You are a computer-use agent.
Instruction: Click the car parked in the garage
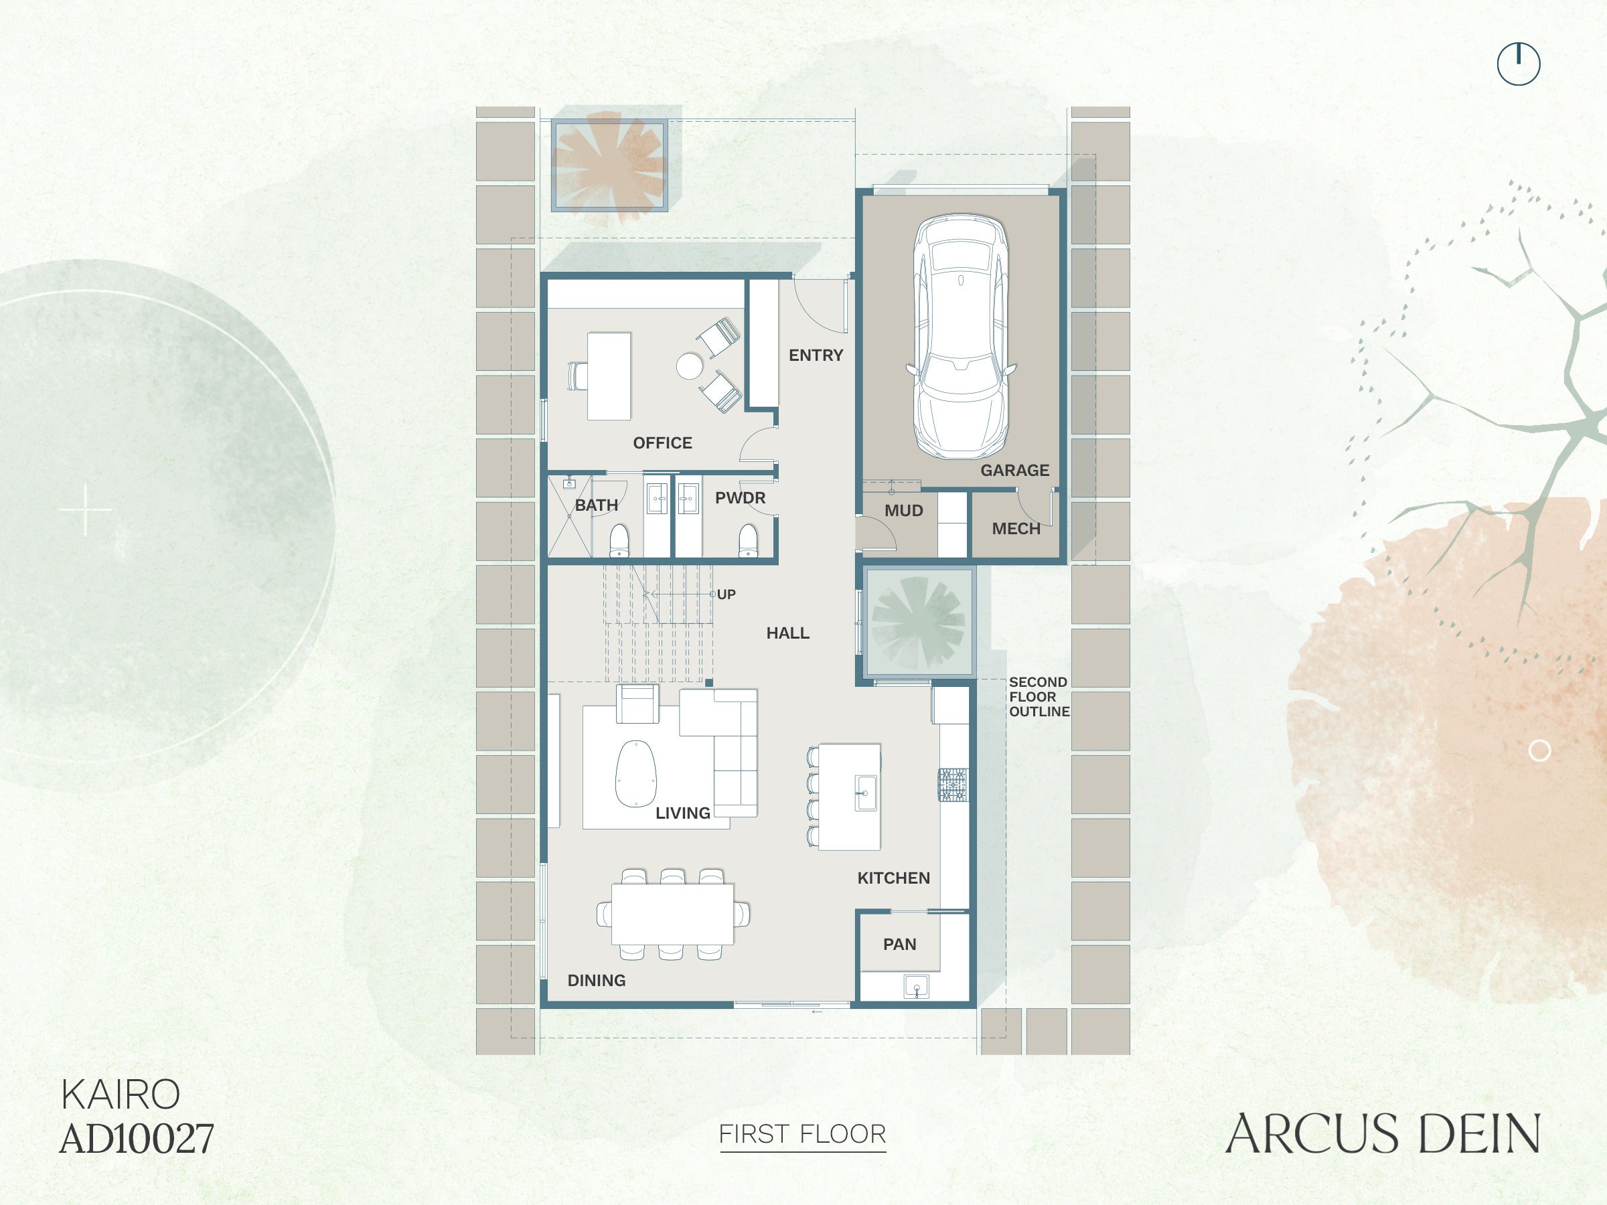pyautogui.click(x=960, y=336)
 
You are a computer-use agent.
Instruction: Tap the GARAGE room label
pyautogui.click(x=1014, y=471)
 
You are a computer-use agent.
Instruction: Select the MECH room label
pyautogui.click(x=1016, y=529)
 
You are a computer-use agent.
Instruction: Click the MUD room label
pyautogui.click(x=903, y=511)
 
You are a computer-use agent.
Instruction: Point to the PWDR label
pyautogui.click(x=740, y=498)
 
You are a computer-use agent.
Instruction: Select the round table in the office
pyautogui.click(x=690, y=366)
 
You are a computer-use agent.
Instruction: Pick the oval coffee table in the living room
pyautogui.click(x=635, y=774)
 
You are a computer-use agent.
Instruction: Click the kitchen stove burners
pyautogui.click(x=953, y=785)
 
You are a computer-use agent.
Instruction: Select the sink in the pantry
pyautogui.click(x=915, y=986)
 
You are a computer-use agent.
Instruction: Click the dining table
pyautogui.click(x=672, y=914)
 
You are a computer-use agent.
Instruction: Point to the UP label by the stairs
pyautogui.click(x=726, y=594)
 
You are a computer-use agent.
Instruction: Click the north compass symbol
pyautogui.click(x=1519, y=64)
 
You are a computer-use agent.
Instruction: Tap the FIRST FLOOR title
pyautogui.click(x=802, y=1134)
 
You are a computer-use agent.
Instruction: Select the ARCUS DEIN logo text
pyautogui.click(x=1383, y=1133)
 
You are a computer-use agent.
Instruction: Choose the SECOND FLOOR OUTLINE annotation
pyautogui.click(x=1039, y=697)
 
